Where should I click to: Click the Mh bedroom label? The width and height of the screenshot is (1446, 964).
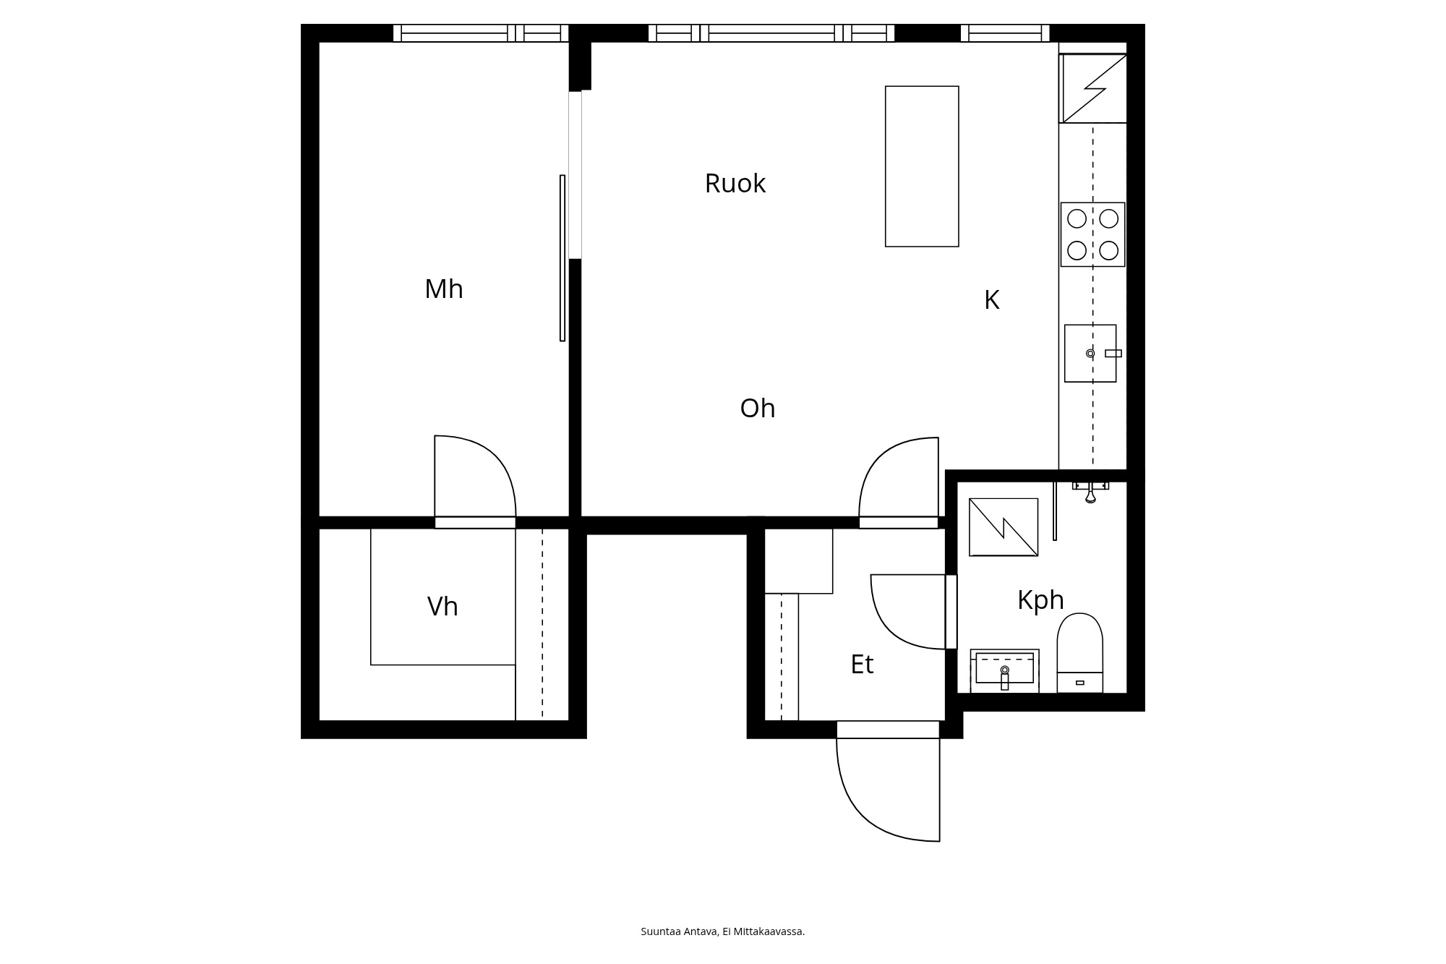[443, 289]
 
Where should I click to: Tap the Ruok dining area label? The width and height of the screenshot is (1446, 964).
[735, 184]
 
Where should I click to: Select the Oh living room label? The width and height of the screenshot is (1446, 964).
[757, 409]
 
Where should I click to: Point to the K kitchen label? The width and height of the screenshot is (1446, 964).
[991, 300]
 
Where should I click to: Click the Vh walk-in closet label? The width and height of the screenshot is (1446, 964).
[442, 607]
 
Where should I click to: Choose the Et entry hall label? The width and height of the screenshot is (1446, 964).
[861, 665]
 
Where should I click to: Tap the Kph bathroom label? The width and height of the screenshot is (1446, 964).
[1040, 600]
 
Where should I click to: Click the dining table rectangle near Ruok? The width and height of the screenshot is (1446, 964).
[922, 166]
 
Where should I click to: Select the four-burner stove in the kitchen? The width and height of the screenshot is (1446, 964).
[1092, 234]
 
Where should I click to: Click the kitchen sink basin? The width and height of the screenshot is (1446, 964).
[1090, 353]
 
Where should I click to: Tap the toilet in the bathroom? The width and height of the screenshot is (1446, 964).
[1079, 651]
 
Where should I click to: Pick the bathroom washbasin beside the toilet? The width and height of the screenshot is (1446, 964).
[1004, 669]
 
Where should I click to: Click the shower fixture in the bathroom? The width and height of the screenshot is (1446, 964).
[1090, 490]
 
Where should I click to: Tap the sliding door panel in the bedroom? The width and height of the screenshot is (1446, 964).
[562, 257]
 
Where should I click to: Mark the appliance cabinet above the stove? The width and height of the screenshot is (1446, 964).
[1092, 88]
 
